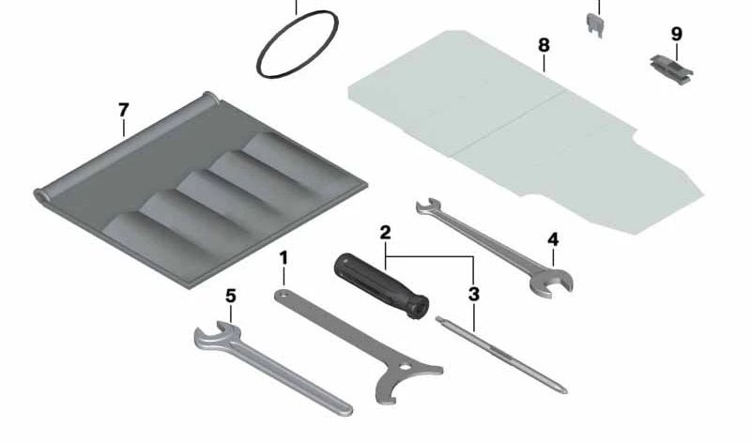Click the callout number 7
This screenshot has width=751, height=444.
tap(124, 110)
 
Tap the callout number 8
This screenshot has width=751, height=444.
tap(544, 45)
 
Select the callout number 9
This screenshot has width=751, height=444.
tap(676, 34)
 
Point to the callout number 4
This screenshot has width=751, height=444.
tap(553, 239)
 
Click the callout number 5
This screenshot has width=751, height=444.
tap(231, 296)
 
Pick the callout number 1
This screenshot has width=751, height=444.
tap(284, 258)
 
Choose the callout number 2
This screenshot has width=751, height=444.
tap(385, 233)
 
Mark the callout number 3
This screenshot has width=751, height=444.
tap(474, 294)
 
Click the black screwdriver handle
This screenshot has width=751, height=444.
tap(381, 286)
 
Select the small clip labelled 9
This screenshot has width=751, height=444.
tap(671, 68)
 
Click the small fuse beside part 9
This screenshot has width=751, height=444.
tap(595, 24)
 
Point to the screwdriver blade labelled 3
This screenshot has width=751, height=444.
tap(501, 354)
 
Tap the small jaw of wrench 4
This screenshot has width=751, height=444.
tap(427, 207)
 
